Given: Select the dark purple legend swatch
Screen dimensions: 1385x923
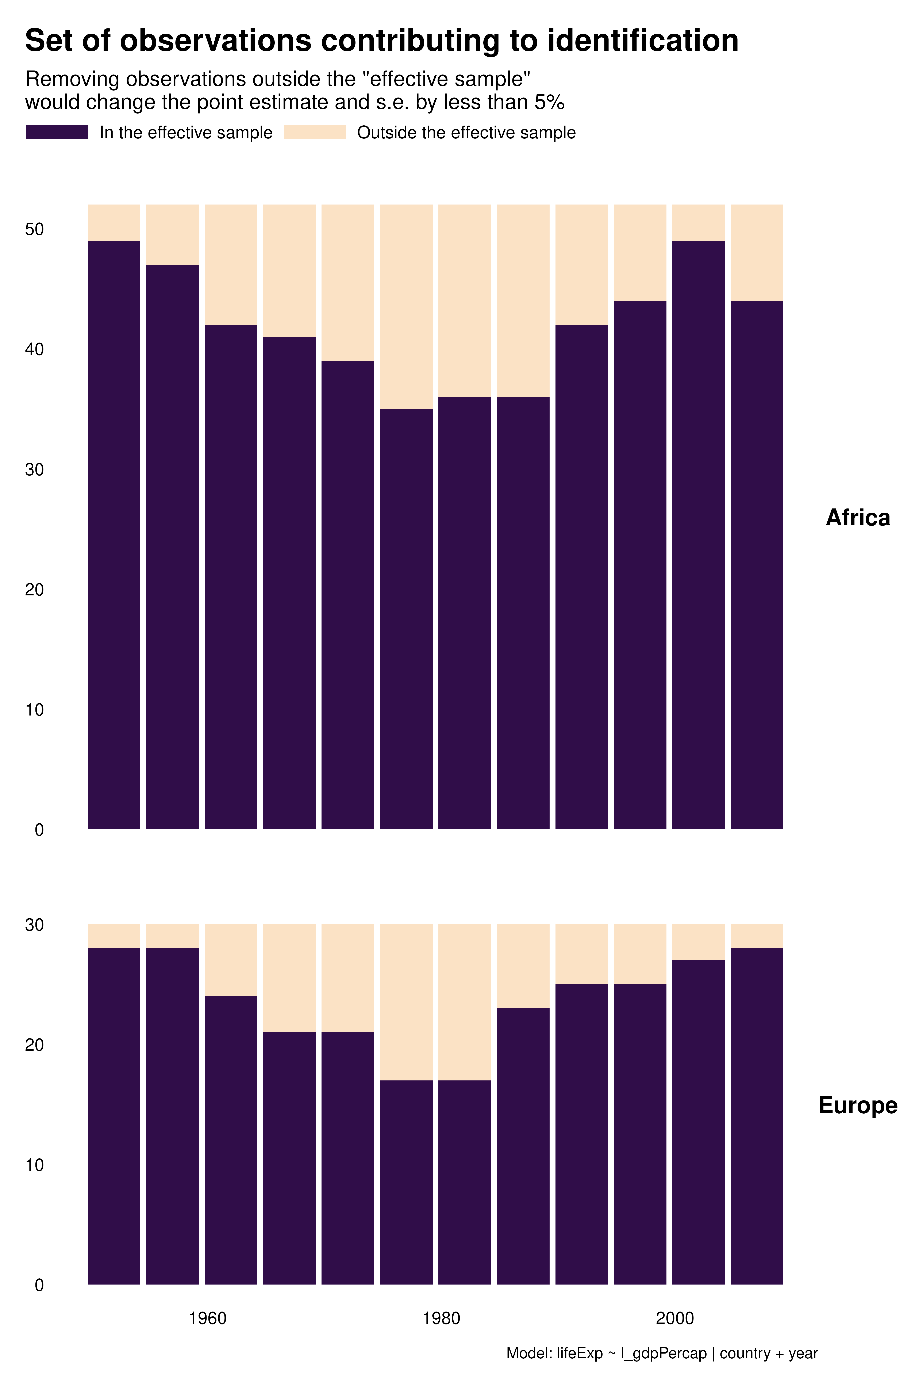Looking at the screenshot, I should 57,132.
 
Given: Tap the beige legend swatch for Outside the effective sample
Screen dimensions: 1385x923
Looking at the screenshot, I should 315,132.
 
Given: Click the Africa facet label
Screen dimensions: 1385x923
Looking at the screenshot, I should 858,518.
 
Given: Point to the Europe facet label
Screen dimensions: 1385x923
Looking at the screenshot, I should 858,1105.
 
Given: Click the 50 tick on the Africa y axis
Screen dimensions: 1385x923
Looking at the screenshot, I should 35,229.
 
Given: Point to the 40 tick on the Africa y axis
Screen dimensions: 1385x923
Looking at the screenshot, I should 35,349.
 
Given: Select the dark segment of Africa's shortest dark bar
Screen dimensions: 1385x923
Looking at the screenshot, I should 406,618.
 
